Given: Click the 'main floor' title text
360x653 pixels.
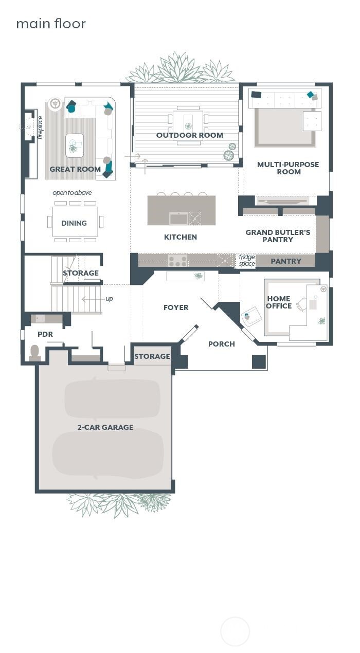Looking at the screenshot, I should pyautogui.click(x=50, y=24).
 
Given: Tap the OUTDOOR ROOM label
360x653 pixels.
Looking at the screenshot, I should pyautogui.click(x=190, y=135).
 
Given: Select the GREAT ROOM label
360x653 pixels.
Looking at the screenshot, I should pyautogui.click(x=75, y=169).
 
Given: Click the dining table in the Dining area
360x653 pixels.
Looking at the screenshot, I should pyautogui.click(x=75, y=222).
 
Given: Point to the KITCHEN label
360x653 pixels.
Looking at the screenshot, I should pyautogui.click(x=181, y=237).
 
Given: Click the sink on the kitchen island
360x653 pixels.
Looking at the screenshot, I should pyautogui.click(x=178, y=218).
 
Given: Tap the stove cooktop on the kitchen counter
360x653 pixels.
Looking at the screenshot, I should pyautogui.click(x=177, y=261).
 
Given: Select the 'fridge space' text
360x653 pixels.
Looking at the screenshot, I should pyautogui.click(x=247, y=261).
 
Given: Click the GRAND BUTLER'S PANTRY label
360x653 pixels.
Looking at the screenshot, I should pyautogui.click(x=278, y=236).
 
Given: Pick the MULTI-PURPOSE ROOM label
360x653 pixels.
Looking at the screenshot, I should pyautogui.click(x=288, y=168).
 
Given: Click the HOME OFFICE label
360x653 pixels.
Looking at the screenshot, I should pyautogui.click(x=279, y=302).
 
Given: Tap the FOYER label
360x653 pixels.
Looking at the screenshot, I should pyautogui.click(x=176, y=307).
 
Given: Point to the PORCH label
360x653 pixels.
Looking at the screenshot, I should pyautogui.click(x=221, y=344).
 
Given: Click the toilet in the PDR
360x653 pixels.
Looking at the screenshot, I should pyautogui.click(x=35, y=352).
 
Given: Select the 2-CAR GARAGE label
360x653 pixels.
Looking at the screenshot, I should pyautogui.click(x=105, y=427).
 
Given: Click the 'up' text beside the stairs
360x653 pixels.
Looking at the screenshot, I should pyautogui.click(x=109, y=299).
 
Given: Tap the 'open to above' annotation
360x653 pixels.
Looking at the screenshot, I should pyautogui.click(x=72, y=193).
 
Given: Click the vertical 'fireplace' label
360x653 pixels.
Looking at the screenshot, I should pyautogui.click(x=41, y=128).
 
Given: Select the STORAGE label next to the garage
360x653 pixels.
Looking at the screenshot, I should pyautogui.click(x=152, y=356).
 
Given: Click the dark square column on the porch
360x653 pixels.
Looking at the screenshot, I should pyautogui.click(x=259, y=361).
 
